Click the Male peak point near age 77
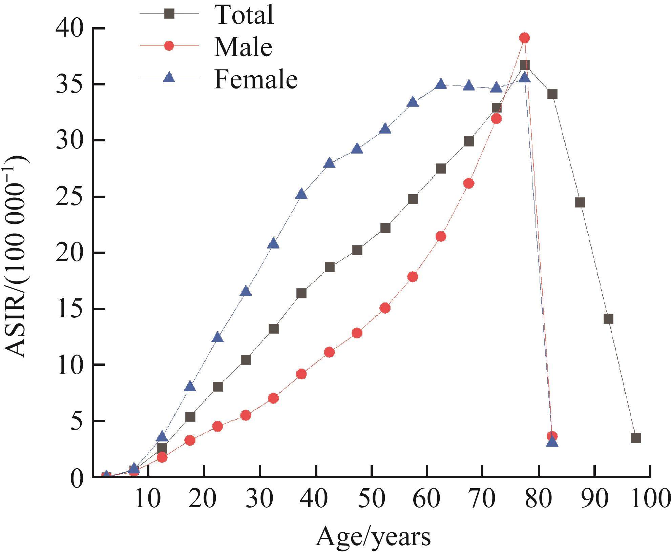pos(524,38)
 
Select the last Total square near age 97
pos(636,438)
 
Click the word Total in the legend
pos(244,15)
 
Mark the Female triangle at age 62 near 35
pos(441,84)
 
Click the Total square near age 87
pos(580,203)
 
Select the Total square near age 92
pos(608,319)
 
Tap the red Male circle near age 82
pos(552,436)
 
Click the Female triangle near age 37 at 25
pos(301,194)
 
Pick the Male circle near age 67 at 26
pos(469,183)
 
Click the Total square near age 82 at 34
pos(552,94)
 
